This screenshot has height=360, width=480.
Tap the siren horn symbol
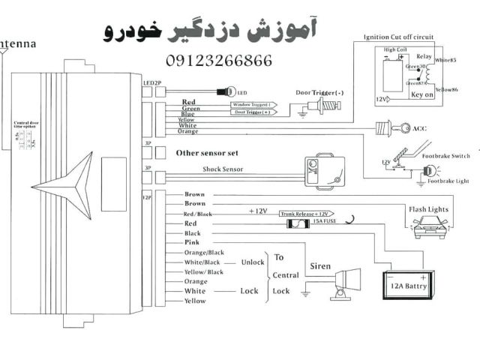[x=346, y=283]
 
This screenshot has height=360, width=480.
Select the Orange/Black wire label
[x=204, y=253]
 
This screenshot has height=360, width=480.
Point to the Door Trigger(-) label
[x=320, y=92]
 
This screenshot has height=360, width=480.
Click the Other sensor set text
[x=206, y=152]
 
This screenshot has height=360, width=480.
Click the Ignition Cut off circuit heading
[x=398, y=36]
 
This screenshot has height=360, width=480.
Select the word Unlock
[x=253, y=262]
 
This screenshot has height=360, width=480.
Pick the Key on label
[x=422, y=95]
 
